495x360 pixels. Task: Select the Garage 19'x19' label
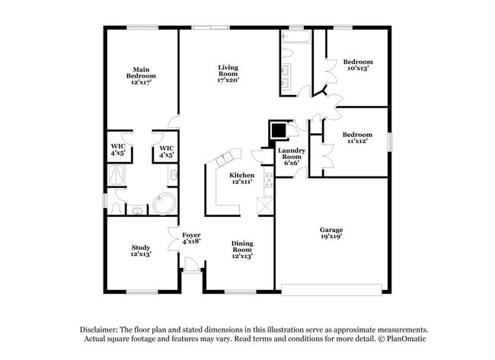331,233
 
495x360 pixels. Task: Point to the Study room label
140,250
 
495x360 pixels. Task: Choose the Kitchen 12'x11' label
242,179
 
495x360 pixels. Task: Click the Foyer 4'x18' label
191,238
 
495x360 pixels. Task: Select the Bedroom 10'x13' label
357,65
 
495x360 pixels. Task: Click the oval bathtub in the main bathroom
164,204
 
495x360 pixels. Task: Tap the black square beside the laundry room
279,130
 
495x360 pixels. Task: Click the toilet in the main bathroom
115,206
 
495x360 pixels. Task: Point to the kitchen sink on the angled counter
225,159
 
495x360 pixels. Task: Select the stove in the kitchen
268,180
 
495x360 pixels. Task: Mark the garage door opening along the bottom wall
331,288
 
